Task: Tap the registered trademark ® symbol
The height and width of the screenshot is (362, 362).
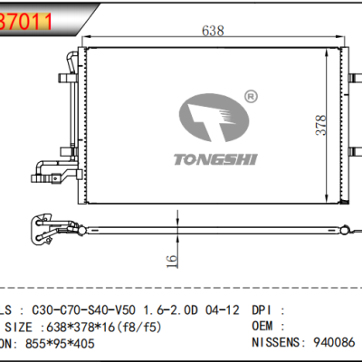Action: [251, 93]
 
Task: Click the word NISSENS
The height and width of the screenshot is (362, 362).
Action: [281, 345]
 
